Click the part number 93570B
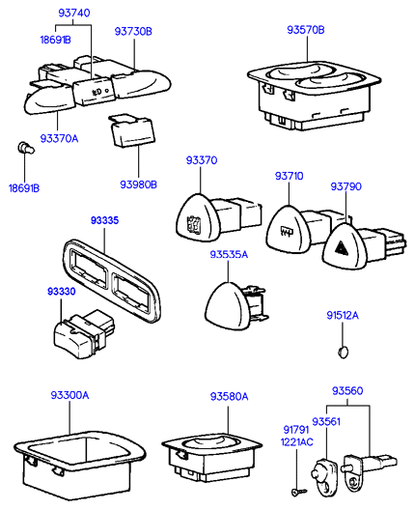(x=306, y=30)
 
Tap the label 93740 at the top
(x=74, y=13)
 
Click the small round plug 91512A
(x=344, y=353)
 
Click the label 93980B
(x=138, y=184)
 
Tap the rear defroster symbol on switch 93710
(x=287, y=232)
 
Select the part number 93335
(x=104, y=220)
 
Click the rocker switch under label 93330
(x=84, y=334)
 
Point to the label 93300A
(x=69, y=395)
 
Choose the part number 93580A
(x=229, y=396)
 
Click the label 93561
(x=326, y=422)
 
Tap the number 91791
(x=296, y=430)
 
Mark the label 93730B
(x=133, y=32)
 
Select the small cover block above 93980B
(x=131, y=130)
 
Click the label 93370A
(x=59, y=138)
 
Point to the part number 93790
(x=346, y=186)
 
